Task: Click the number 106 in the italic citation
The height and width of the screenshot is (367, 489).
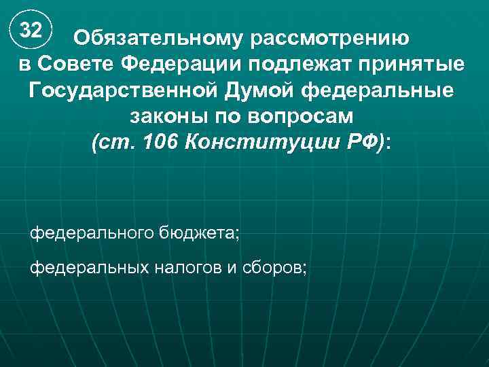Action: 160,142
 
